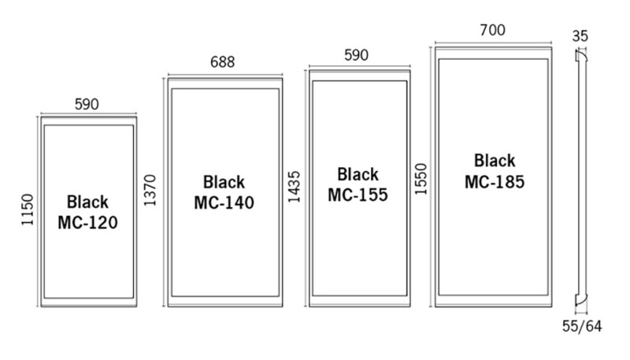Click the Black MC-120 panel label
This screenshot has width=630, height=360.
pyautogui.click(x=87, y=212)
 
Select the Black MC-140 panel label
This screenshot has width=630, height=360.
pyautogui.click(x=224, y=192)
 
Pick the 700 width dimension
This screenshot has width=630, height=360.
pyautogui.click(x=492, y=31)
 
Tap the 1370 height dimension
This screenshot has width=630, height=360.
pyautogui.click(x=151, y=190)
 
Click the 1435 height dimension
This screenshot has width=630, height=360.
pyautogui.click(x=294, y=187)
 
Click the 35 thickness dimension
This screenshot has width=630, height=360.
pyautogui.click(x=581, y=35)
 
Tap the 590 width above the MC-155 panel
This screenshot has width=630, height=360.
pyautogui.click(x=358, y=56)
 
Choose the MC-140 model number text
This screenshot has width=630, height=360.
pyautogui.click(x=224, y=202)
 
